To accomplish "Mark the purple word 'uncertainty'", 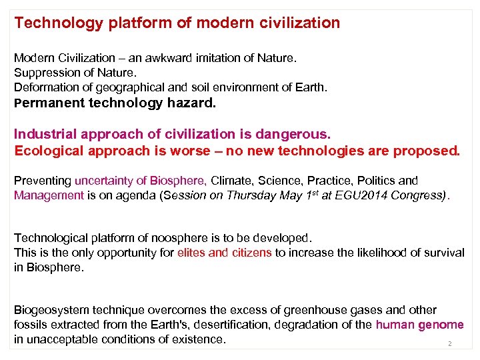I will pyautogui.click(x=111, y=181).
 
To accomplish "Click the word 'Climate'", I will pyautogui.click(x=233, y=181).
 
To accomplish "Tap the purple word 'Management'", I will pyautogui.click(x=49, y=195).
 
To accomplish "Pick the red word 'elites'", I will pyautogui.click(x=192, y=253).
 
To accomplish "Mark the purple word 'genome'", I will pyautogui.click(x=441, y=325).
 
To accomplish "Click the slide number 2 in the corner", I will pyautogui.click(x=449, y=344).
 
